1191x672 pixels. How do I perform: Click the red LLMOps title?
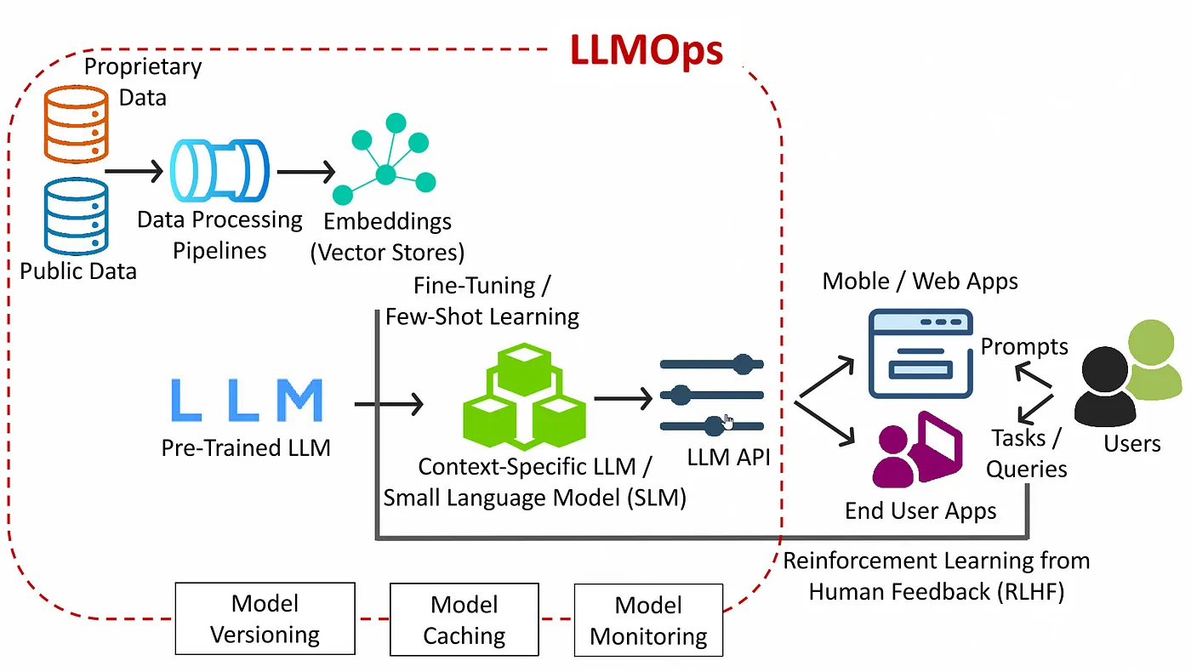coord(647,51)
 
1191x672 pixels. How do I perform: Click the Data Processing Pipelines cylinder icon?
coord(219,170)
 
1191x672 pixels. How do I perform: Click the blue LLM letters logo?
coord(247,401)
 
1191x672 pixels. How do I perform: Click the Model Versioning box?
coord(265,618)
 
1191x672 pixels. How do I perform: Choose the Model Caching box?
coord(464,618)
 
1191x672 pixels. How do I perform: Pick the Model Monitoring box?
coord(648,620)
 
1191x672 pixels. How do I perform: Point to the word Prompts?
coord(1024,346)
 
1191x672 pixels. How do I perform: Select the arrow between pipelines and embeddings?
coord(306,172)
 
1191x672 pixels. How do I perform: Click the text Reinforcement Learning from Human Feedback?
coord(936,576)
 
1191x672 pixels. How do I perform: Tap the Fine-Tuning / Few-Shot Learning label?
coord(482,301)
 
